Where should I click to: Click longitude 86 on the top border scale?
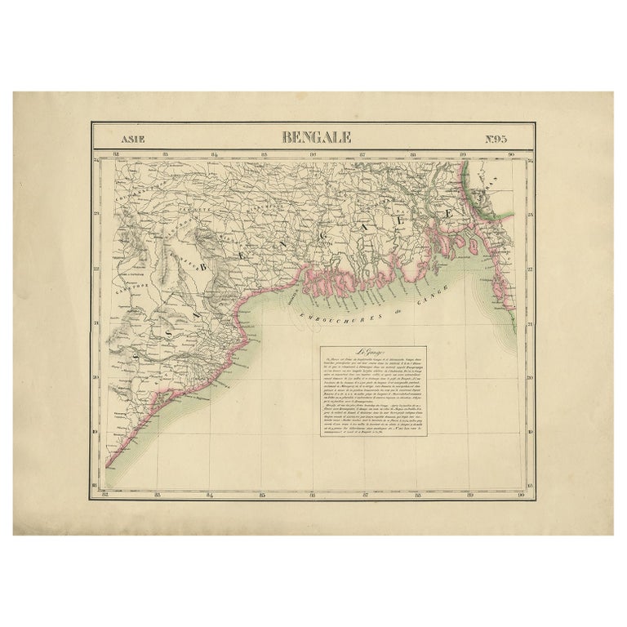click(313, 153)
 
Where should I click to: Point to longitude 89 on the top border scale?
click(464, 153)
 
